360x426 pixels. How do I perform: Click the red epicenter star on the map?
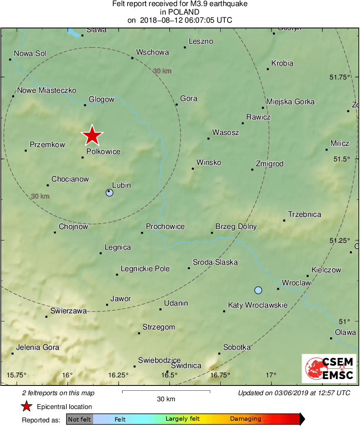tap(92, 135)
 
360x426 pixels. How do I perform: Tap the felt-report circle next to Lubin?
tap(109, 193)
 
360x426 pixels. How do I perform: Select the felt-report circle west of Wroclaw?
tap(258, 290)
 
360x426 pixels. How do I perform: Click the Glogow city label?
tap(102, 99)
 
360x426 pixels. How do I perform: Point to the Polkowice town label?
tap(103, 152)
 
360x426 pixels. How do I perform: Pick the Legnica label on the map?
tap(117, 247)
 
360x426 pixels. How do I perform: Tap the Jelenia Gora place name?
tap(38, 347)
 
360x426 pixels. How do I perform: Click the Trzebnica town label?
tap(305, 214)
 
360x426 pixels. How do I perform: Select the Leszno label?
tap(201, 41)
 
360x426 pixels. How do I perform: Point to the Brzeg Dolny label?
tap(236, 227)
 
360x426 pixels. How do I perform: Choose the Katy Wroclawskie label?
tap(258, 305)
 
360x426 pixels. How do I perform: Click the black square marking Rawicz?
tap(243, 123)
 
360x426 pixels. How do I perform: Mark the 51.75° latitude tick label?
tap(339, 77)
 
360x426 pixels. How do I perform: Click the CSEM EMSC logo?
tap(330, 368)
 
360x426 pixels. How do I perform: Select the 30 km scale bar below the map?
tap(166, 392)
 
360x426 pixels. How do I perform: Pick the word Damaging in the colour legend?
tap(246, 419)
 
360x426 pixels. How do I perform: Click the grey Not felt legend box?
tap(80, 419)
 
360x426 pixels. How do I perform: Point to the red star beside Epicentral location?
tap(27, 407)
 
